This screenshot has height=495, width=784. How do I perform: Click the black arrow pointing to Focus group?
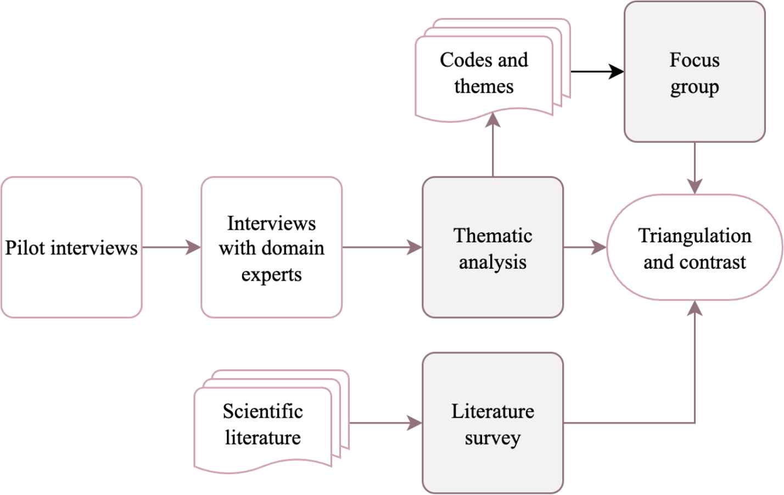(597, 71)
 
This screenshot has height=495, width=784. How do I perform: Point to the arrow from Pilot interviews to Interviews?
(171, 247)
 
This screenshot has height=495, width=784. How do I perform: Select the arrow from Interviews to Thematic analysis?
(382, 247)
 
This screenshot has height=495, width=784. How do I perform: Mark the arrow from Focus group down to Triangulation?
(695, 168)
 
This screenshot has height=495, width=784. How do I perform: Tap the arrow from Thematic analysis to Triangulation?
(585, 247)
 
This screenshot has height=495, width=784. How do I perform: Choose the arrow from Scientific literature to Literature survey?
(385, 423)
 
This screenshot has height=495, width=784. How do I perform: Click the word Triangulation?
(695, 236)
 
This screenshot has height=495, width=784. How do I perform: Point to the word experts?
(271, 274)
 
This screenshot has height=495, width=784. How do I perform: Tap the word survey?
(492, 438)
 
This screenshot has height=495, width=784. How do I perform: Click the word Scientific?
(262, 411)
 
